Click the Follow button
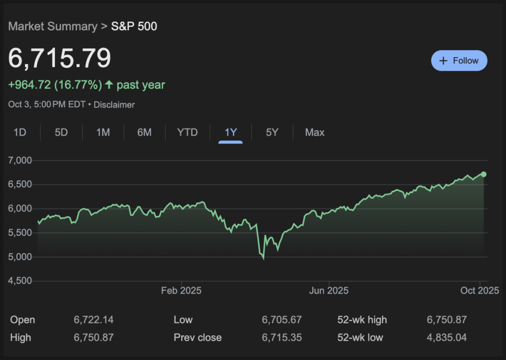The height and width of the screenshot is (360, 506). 459,61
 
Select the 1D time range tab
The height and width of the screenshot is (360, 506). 20,133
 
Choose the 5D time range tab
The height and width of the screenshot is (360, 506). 61,133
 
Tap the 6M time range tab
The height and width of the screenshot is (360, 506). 144,133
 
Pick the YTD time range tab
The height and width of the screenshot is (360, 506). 188,133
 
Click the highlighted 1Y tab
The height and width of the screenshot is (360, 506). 230,133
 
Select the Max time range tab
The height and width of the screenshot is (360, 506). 315,133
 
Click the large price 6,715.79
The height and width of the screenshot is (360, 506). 60,58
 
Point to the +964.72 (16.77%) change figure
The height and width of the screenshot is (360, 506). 55,85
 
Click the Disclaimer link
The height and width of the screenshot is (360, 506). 114,105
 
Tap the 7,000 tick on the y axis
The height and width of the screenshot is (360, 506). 20,160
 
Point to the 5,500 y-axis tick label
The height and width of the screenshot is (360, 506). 20,233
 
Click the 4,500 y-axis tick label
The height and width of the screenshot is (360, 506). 20,281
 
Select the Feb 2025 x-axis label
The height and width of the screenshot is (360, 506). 181,290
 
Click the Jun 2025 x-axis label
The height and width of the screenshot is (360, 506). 328,290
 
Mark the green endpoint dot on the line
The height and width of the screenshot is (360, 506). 483,174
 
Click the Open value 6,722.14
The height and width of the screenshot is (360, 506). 94,320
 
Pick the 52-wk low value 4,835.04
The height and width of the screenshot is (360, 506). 447,337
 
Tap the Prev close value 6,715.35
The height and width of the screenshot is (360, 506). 282,337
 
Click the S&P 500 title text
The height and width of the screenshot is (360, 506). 134,26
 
